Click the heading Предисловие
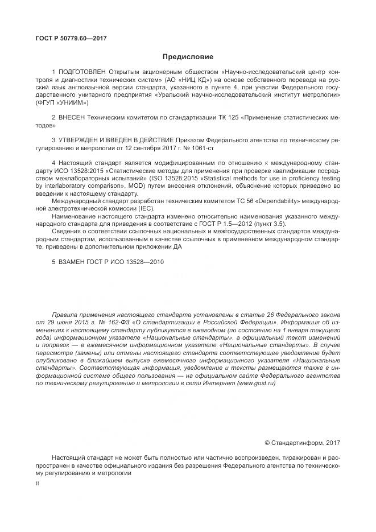188,57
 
